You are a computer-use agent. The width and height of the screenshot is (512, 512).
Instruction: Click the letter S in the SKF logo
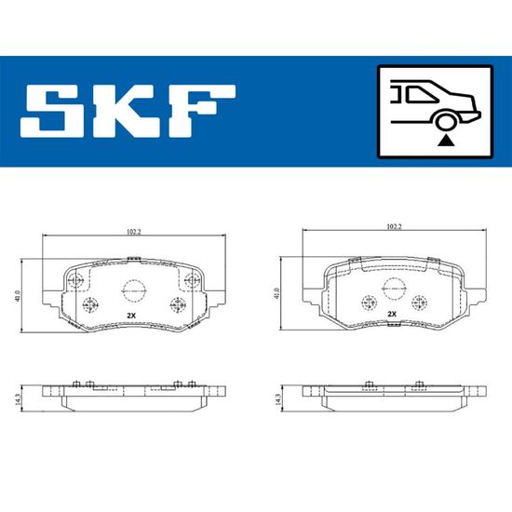[x=52, y=111]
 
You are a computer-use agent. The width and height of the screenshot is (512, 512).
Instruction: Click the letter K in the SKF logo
[x=127, y=111]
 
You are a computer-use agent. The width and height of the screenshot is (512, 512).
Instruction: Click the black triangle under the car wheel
[x=446, y=141]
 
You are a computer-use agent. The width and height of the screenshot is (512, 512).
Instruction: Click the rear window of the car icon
[x=419, y=95]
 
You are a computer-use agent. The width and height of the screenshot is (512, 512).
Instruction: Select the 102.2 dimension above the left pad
[x=133, y=232]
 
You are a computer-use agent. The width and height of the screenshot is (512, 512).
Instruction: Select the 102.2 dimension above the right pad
[x=394, y=226]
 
